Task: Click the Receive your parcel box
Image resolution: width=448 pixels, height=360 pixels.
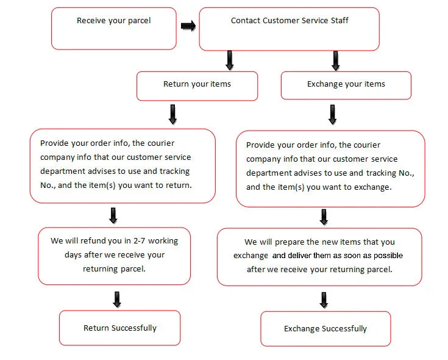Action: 114,29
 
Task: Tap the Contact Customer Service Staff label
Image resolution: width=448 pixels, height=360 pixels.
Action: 290,21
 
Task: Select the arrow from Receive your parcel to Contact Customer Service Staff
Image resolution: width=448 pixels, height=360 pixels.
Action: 188,26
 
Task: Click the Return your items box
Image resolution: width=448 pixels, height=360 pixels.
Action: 197,86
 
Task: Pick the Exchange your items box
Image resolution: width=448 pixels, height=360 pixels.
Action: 346,85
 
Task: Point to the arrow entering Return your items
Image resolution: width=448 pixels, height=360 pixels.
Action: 230,60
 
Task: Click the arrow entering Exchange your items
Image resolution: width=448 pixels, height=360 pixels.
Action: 336,61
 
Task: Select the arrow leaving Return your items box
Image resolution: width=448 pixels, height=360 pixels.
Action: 172,114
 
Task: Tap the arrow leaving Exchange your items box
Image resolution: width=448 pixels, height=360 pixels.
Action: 332,115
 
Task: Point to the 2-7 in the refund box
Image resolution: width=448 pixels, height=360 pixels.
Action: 139,241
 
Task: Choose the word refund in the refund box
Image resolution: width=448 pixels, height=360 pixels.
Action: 92,241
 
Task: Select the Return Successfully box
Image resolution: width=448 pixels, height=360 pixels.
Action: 119,328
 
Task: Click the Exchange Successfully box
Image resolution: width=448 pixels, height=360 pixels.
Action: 325,329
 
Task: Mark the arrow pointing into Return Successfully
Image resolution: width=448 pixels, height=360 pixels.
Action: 117,300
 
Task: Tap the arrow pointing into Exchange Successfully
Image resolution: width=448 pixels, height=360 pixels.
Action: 324,300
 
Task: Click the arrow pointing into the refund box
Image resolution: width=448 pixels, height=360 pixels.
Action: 113,215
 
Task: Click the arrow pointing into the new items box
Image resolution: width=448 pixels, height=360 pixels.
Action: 324,217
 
